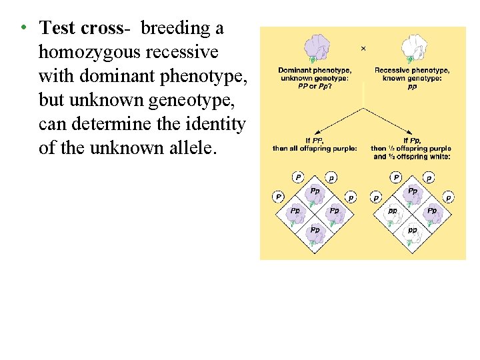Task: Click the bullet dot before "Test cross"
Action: pos(23,28)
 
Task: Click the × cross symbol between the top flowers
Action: pos(363,49)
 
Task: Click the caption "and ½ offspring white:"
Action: pos(411,156)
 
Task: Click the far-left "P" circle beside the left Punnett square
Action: pos(278,197)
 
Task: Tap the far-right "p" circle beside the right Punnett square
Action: pos(449,197)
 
